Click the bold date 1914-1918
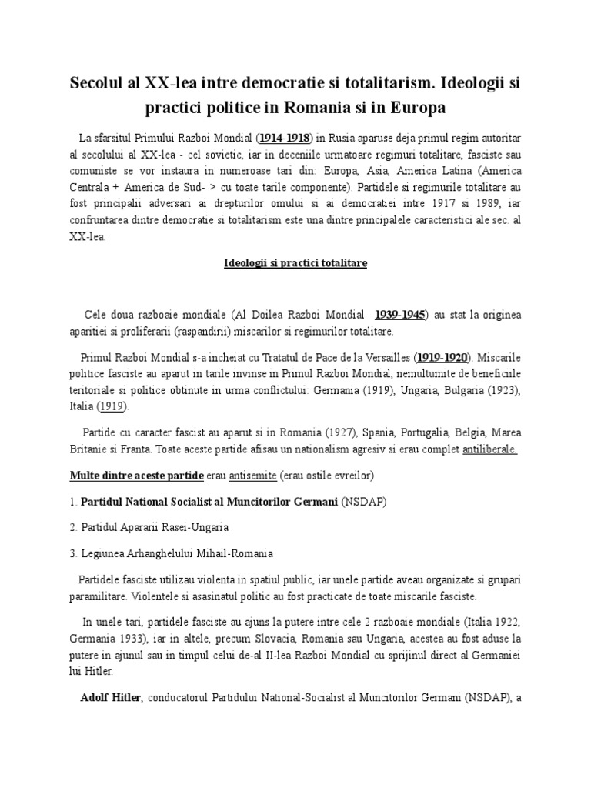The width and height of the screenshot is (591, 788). (x=284, y=137)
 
